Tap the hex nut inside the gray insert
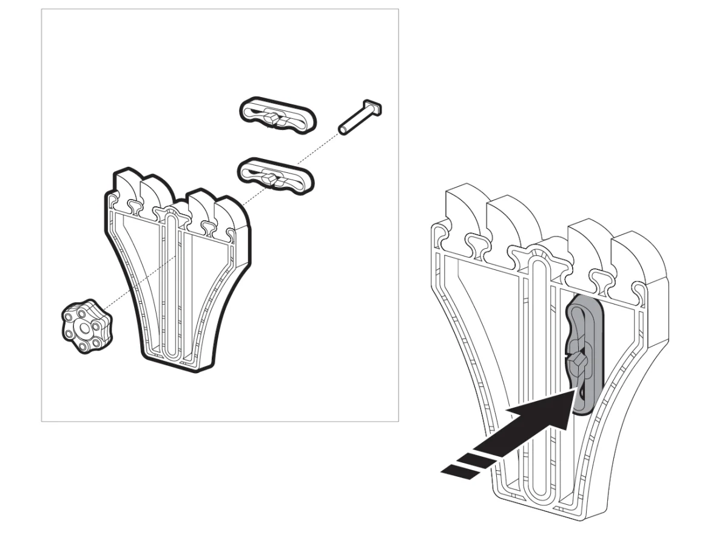(579, 363)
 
